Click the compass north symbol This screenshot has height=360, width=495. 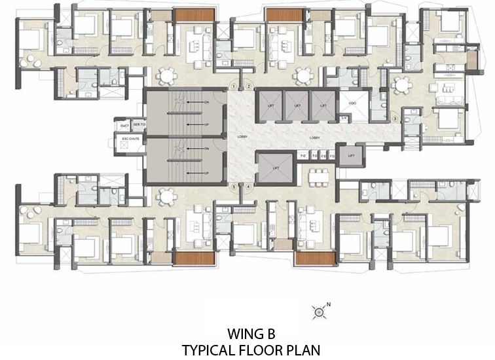pyautogui.click(x=319, y=312)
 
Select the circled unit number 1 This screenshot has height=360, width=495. pyautogui.click(x=234, y=86)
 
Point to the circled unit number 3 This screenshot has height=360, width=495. pyautogui.click(x=394, y=118)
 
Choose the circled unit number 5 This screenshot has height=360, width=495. pyautogui.click(x=234, y=187)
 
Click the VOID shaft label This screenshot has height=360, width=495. pyautogui.click(x=352, y=103)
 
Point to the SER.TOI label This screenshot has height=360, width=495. pyautogui.click(x=137, y=124)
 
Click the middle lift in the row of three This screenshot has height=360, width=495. pyautogui.click(x=297, y=105)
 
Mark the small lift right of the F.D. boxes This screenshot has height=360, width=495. pyautogui.click(x=351, y=156)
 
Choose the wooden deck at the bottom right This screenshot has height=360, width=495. pyautogui.click(x=311, y=258)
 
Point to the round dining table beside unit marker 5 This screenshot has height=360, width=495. pyautogui.click(x=167, y=196)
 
